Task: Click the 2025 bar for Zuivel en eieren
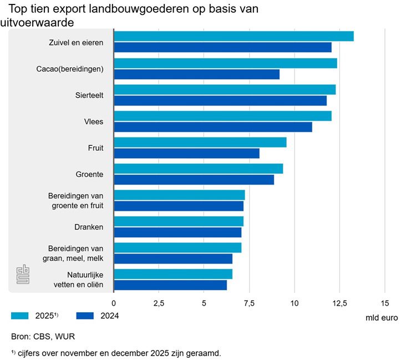pyautogui.click(x=234, y=37)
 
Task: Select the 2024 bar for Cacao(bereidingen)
pyautogui.click(x=196, y=74)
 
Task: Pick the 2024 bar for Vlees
pyautogui.click(x=213, y=127)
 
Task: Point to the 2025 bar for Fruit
pyautogui.click(x=200, y=142)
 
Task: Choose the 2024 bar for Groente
pyautogui.click(x=194, y=180)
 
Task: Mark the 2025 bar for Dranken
pyautogui.click(x=179, y=221)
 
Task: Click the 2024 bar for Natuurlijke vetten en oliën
pyautogui.click(x=170, y=285)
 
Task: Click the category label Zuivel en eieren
pyautogui.click(x=75, y=42)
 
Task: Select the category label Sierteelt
pyautogui.click(x=89, y=95)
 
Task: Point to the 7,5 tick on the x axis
pyautogui.click(x=249, y=303)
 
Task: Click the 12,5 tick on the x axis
pyautogui.click(x=339, y=303)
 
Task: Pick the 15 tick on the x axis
pyautogui.click(x=384, y=303)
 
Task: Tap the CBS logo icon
pyautogui.click(x=23, y=275)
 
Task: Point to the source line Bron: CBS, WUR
pyautogui.click(x=43, y=337)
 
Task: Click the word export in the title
pyautogui.click(x=70, y=9)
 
